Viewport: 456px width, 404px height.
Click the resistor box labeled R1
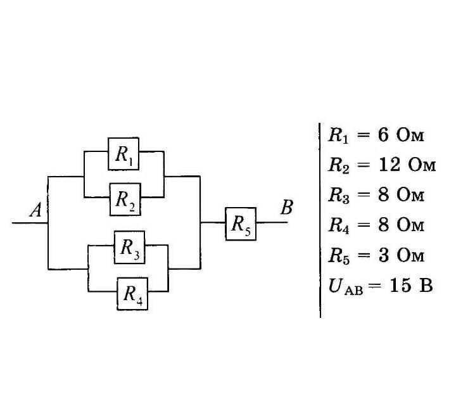pyautogui.click(x=123, y=153)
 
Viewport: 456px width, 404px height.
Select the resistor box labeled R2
pyautogui.click(x=125, y=198)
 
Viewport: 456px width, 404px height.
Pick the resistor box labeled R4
pyautogui.click(x=132, y=293)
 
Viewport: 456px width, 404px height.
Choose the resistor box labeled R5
pyautogui.click(x=241, y=224)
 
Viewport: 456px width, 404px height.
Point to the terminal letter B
pyautogui.click(x=286, y=207)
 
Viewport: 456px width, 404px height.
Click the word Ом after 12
pyautogui.click(x=422, y=165)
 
